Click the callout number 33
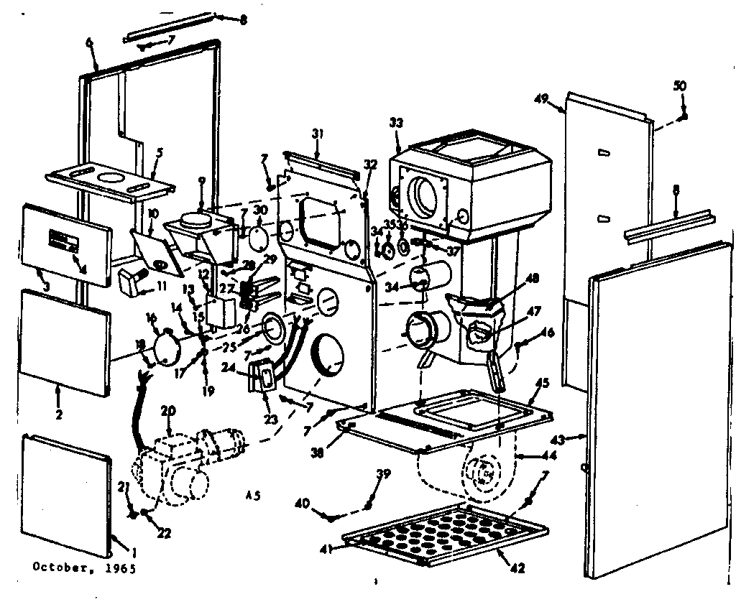(396, 122)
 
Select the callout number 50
(680, 85)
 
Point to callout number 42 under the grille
(517, 568)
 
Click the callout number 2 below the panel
(58, 414)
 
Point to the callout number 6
(89, 42)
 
